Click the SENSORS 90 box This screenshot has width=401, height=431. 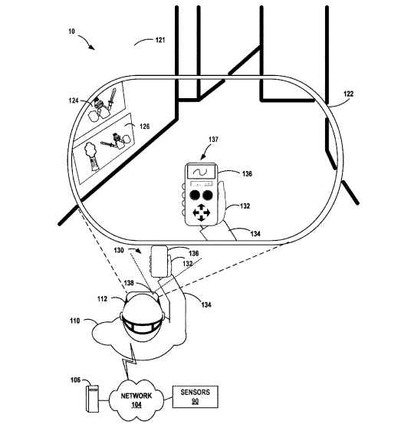pyautogui.click(x=196, y=396)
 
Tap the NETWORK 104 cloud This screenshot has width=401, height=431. pyautogui.click(x=136, y=400)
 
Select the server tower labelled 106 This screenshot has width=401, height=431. pyautogui.click(x=93, y=399)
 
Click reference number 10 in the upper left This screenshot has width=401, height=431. pyautogui.click(x=71, y=31)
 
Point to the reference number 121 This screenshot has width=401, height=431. pyautogui.click(x=160, y=40)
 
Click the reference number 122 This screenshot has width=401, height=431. pyautogui.click(x=349, y=94)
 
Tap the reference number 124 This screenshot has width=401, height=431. pyautogui.click(x=74, y=101)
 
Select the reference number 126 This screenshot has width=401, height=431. pyautogui.click(x=145, y=127)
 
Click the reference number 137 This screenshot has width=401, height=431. pyautogui.click(x=213, y=140)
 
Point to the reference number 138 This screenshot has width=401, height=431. pyautogui.click(x=129, y=283)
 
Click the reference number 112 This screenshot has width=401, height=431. pyautogui.click(x=102, y=299)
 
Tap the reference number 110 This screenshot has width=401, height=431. pyautogui.click(x=75, y=321)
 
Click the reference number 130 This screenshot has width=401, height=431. pyautogui.click(x=119, y=251)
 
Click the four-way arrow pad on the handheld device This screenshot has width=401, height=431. pyautogui.click(x=201, y=212)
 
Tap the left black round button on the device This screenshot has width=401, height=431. pyautogui.click(x=195, y=195)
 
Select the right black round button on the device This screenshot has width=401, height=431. pyautogui.click(x=208, y=195)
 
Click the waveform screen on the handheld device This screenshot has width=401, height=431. pyautogui.click(x=201, y=172)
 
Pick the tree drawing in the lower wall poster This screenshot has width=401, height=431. pyautogui.click(x=91, y=157)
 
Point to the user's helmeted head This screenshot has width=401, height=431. pyautogui.click(x=142, y=316)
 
